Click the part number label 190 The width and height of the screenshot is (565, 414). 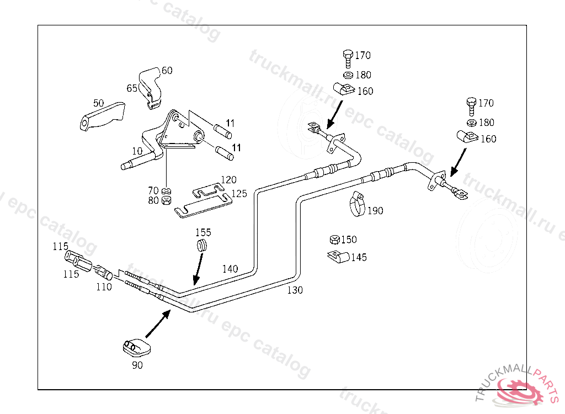click(375, 211)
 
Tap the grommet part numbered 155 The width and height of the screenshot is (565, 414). click(203, 246)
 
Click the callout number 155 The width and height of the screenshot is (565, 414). click(202, 233)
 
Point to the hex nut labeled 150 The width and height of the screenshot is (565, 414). click(334, 240)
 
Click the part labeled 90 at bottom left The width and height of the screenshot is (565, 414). click(136, 347)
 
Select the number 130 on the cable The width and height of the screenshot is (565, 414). click(295, 290)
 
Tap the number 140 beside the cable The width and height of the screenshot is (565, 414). click(230, 269)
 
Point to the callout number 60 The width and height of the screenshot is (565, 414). click(167, 71)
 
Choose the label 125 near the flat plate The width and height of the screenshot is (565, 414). click(239, 194)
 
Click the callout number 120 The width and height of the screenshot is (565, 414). click(228, 180)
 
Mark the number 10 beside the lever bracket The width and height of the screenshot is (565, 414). click(137, 151)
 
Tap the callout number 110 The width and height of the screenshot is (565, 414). click(104, 286)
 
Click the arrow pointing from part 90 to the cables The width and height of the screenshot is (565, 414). click(158, 323)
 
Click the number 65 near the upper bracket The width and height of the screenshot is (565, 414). click(132, 88)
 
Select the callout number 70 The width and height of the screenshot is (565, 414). click(153, 191)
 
